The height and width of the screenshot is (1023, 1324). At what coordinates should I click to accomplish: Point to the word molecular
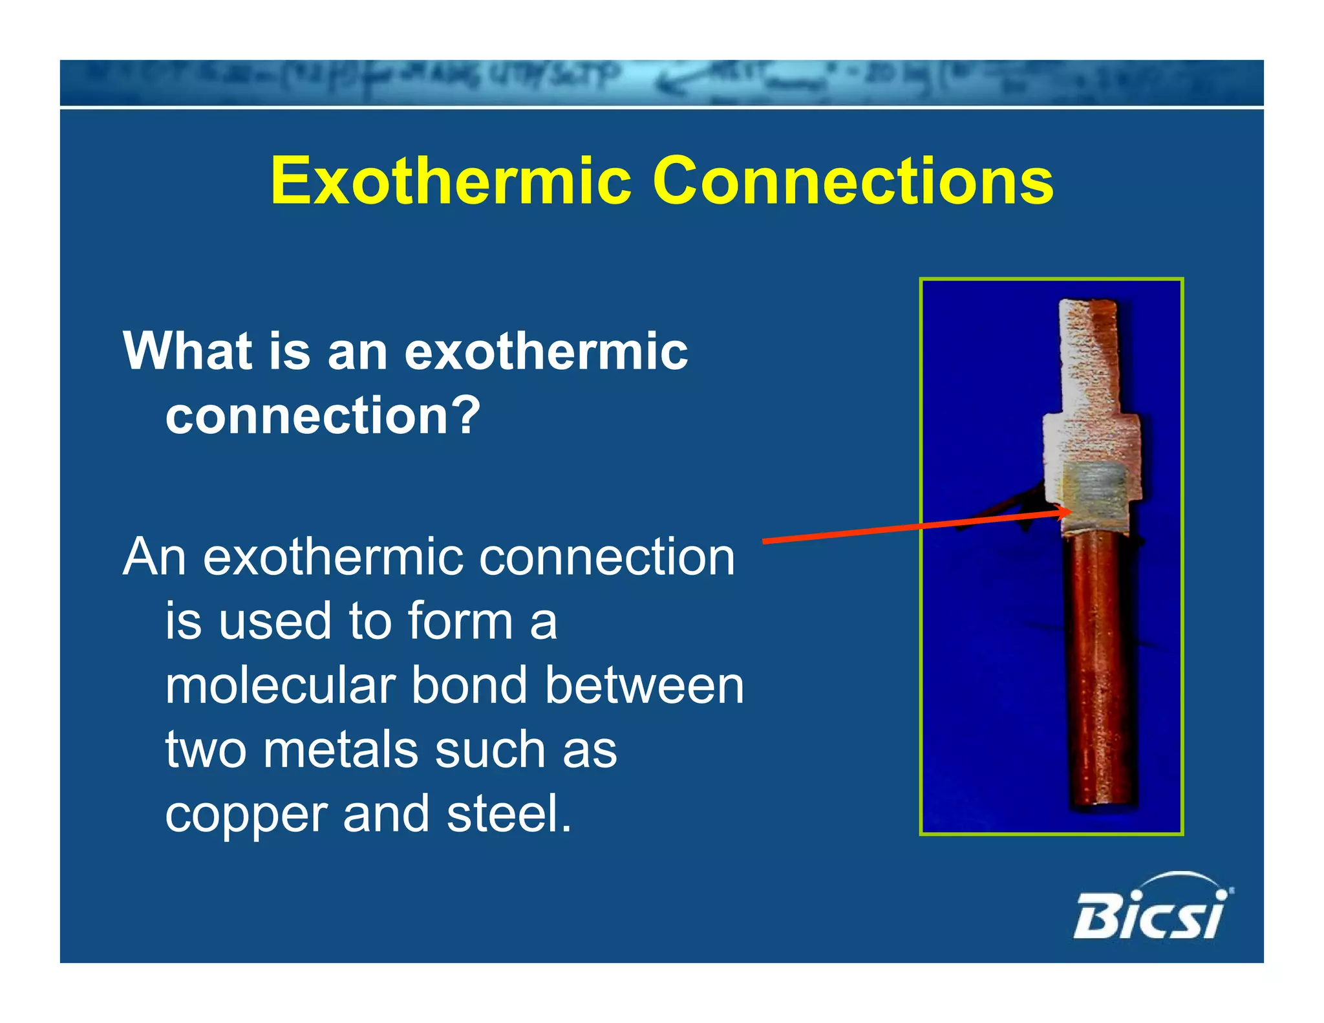coord(280,685)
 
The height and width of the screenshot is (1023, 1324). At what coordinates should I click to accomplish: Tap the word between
coord(644,685)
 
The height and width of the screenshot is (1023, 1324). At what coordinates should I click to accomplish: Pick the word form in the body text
coord(460,621)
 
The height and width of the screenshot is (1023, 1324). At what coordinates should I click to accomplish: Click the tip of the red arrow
coord(1069,512)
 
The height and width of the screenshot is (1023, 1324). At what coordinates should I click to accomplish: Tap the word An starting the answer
coord(155,557)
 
